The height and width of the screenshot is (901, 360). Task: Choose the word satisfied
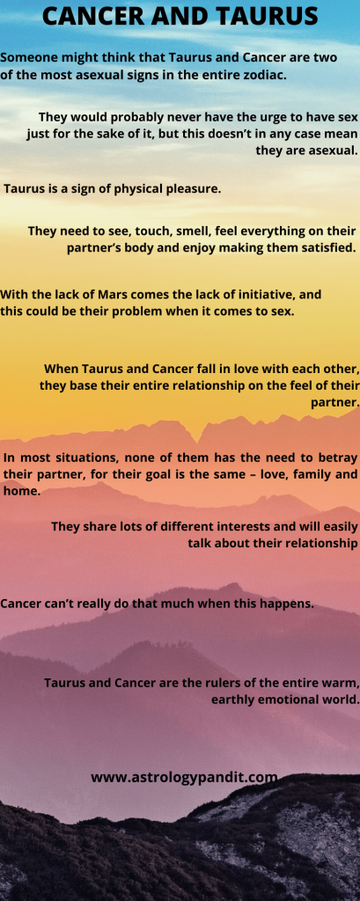click(329, 248)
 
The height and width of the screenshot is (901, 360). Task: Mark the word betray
click(339, 458)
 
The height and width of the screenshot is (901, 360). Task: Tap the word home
click(20, 492)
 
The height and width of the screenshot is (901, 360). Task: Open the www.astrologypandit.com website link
click(184, 778)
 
